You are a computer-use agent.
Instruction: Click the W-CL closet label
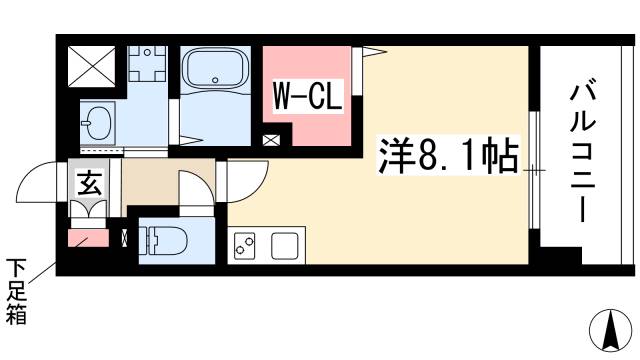point(309,98)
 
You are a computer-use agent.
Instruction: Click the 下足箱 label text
point(18,291)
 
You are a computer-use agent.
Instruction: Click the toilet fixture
point(164,240)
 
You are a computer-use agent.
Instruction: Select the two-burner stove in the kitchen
point(245,246)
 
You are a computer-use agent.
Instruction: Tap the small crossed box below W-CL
point(271,141)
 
